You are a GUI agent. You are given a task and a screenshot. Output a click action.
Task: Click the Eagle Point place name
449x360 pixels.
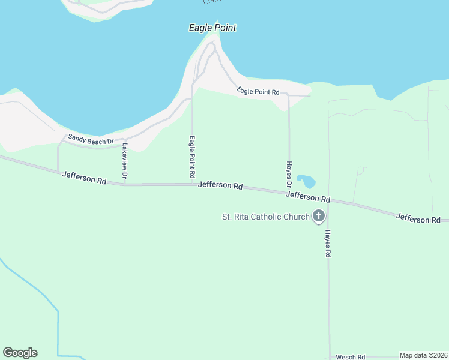212,28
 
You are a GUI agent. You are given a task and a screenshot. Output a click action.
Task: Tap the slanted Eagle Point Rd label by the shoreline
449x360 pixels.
258,91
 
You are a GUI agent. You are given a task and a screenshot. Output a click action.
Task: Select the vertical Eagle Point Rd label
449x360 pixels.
193,157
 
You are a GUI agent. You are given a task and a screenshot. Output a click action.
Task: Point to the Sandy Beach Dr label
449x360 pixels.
91,139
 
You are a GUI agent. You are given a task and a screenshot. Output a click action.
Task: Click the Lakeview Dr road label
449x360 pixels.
125,161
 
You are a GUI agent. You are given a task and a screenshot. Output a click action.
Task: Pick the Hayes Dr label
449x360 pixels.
289,171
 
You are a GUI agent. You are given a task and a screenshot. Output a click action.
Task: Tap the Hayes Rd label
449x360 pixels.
328,244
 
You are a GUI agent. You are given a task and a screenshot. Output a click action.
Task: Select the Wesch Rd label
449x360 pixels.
350,357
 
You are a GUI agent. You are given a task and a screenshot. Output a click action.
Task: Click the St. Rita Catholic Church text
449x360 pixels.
266,217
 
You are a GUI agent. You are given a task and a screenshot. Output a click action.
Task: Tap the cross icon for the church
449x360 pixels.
318,216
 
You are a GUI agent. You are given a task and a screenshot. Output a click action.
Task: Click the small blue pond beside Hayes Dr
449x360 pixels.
306,181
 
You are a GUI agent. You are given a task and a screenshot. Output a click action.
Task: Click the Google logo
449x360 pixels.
20,353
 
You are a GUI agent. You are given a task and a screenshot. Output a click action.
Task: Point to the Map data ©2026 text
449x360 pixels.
424,355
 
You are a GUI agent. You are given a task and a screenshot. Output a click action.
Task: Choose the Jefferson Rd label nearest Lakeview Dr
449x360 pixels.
84,177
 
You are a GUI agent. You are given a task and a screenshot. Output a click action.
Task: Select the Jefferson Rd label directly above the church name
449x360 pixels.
308,196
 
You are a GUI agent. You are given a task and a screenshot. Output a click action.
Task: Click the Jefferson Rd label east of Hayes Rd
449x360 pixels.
418,219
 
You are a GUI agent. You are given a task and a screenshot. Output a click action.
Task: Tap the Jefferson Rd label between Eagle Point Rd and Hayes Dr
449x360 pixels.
220,185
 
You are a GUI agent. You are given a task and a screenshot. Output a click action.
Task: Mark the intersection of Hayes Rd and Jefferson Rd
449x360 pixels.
328,202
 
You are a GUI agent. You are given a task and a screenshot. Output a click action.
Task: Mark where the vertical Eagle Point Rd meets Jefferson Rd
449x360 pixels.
192,184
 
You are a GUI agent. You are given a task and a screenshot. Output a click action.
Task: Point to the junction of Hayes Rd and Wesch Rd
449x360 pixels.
330,357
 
